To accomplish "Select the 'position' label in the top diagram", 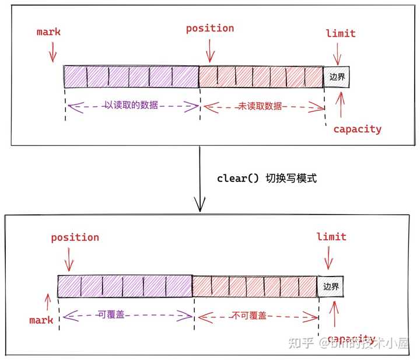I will [x=210, y=28].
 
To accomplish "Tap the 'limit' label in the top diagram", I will [x=341, y=33].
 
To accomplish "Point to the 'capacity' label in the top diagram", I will [x=357, y=129].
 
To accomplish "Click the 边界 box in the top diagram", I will [x=337, y=77].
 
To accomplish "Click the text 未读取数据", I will [x=260, y=106].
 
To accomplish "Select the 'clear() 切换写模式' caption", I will [x=267, y=179].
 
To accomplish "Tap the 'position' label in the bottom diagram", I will [x=75, y=237].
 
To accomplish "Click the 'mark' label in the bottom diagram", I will [x=41, y=320].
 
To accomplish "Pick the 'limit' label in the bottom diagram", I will [x=331, y=237].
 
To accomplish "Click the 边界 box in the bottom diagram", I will [x=331, y=286].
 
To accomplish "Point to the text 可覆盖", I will [x=127, y=315].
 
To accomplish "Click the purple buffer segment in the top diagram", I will [x=132, y=76].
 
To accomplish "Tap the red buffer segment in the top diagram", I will [x=261, y=77].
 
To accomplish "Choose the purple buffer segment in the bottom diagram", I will [x=125, y=285].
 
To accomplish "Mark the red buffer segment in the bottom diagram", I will [x=255, y=286].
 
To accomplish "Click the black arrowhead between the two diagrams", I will [x=199, y=205].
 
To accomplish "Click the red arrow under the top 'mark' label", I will [x=52, y=54].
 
